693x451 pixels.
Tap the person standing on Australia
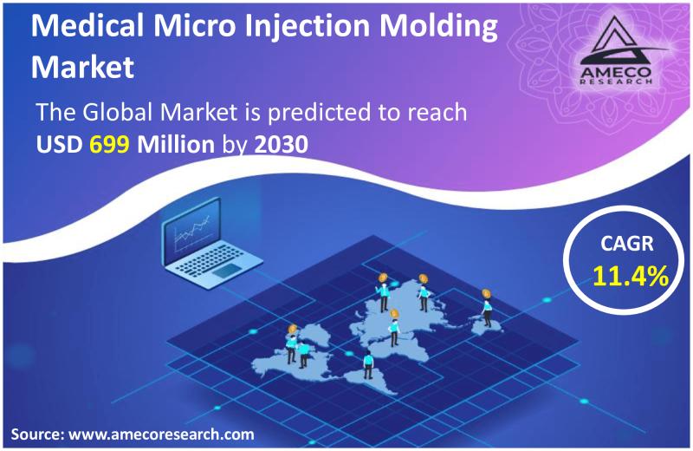[x=486, y=313]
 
